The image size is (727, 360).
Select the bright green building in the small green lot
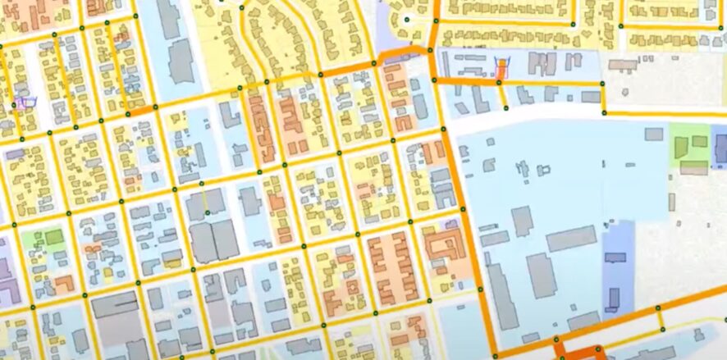[x=54, y=238]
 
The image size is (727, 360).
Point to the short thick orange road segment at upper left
[x=141, y=110]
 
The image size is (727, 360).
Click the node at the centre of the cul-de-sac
[x=406, y=19]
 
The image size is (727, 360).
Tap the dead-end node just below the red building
[x=506, y=108]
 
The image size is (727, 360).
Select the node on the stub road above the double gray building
[x=208, y=213]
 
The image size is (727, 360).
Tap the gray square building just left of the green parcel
[x=654, y=134]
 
